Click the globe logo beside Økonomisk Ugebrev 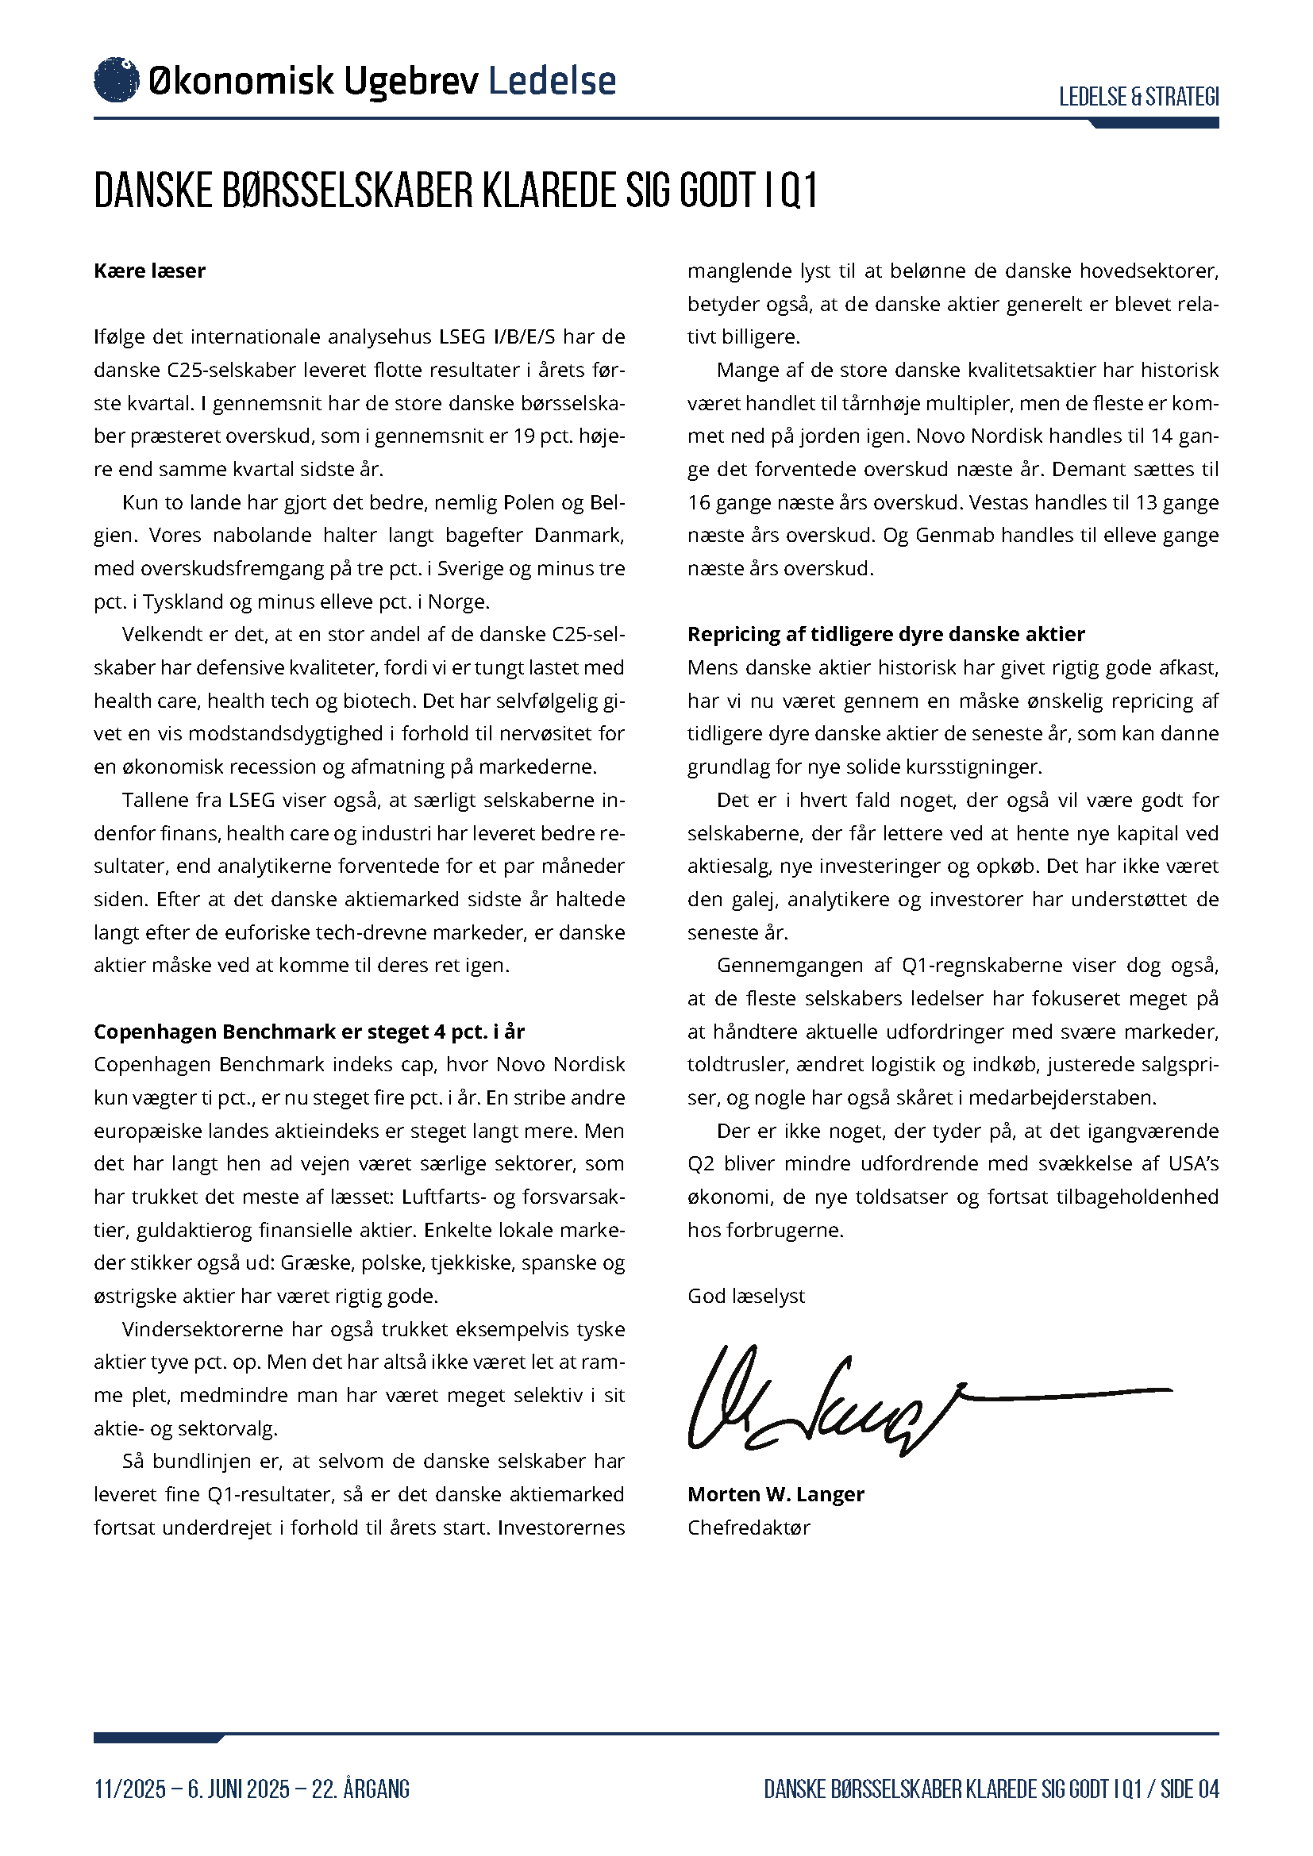(117, 80)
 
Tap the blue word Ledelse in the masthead (553, 81)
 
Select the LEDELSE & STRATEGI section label (1138, 97)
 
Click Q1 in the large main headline (799, 190)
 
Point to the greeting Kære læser (149, 271)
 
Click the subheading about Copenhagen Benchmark (309, 1032)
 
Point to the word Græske (317, 1263)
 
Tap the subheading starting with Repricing (885, 635)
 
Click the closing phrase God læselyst (745, 1297)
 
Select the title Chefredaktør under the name (748, 1527)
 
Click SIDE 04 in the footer (1189, 1789)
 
